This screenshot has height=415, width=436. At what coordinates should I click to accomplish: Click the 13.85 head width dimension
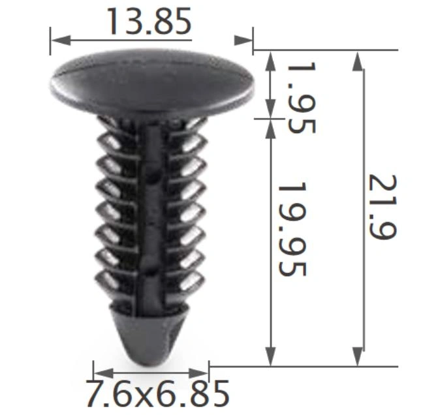(x=149, y=22)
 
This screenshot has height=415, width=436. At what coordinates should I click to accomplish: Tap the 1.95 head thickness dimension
(x=302, y=98)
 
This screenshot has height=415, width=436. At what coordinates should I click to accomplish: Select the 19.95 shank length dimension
(x=292, y=229)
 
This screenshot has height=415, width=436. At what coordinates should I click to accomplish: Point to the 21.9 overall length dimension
(x=382, y=207)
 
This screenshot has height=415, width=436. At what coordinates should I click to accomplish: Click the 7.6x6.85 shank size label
(x=158, y=394)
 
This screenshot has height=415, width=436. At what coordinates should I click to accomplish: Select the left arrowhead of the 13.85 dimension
(x=61, y=40)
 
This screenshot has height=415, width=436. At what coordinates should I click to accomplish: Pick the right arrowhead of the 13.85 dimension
(x=243, y=40)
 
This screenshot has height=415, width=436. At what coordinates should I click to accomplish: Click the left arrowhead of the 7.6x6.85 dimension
(x=104, y=373)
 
